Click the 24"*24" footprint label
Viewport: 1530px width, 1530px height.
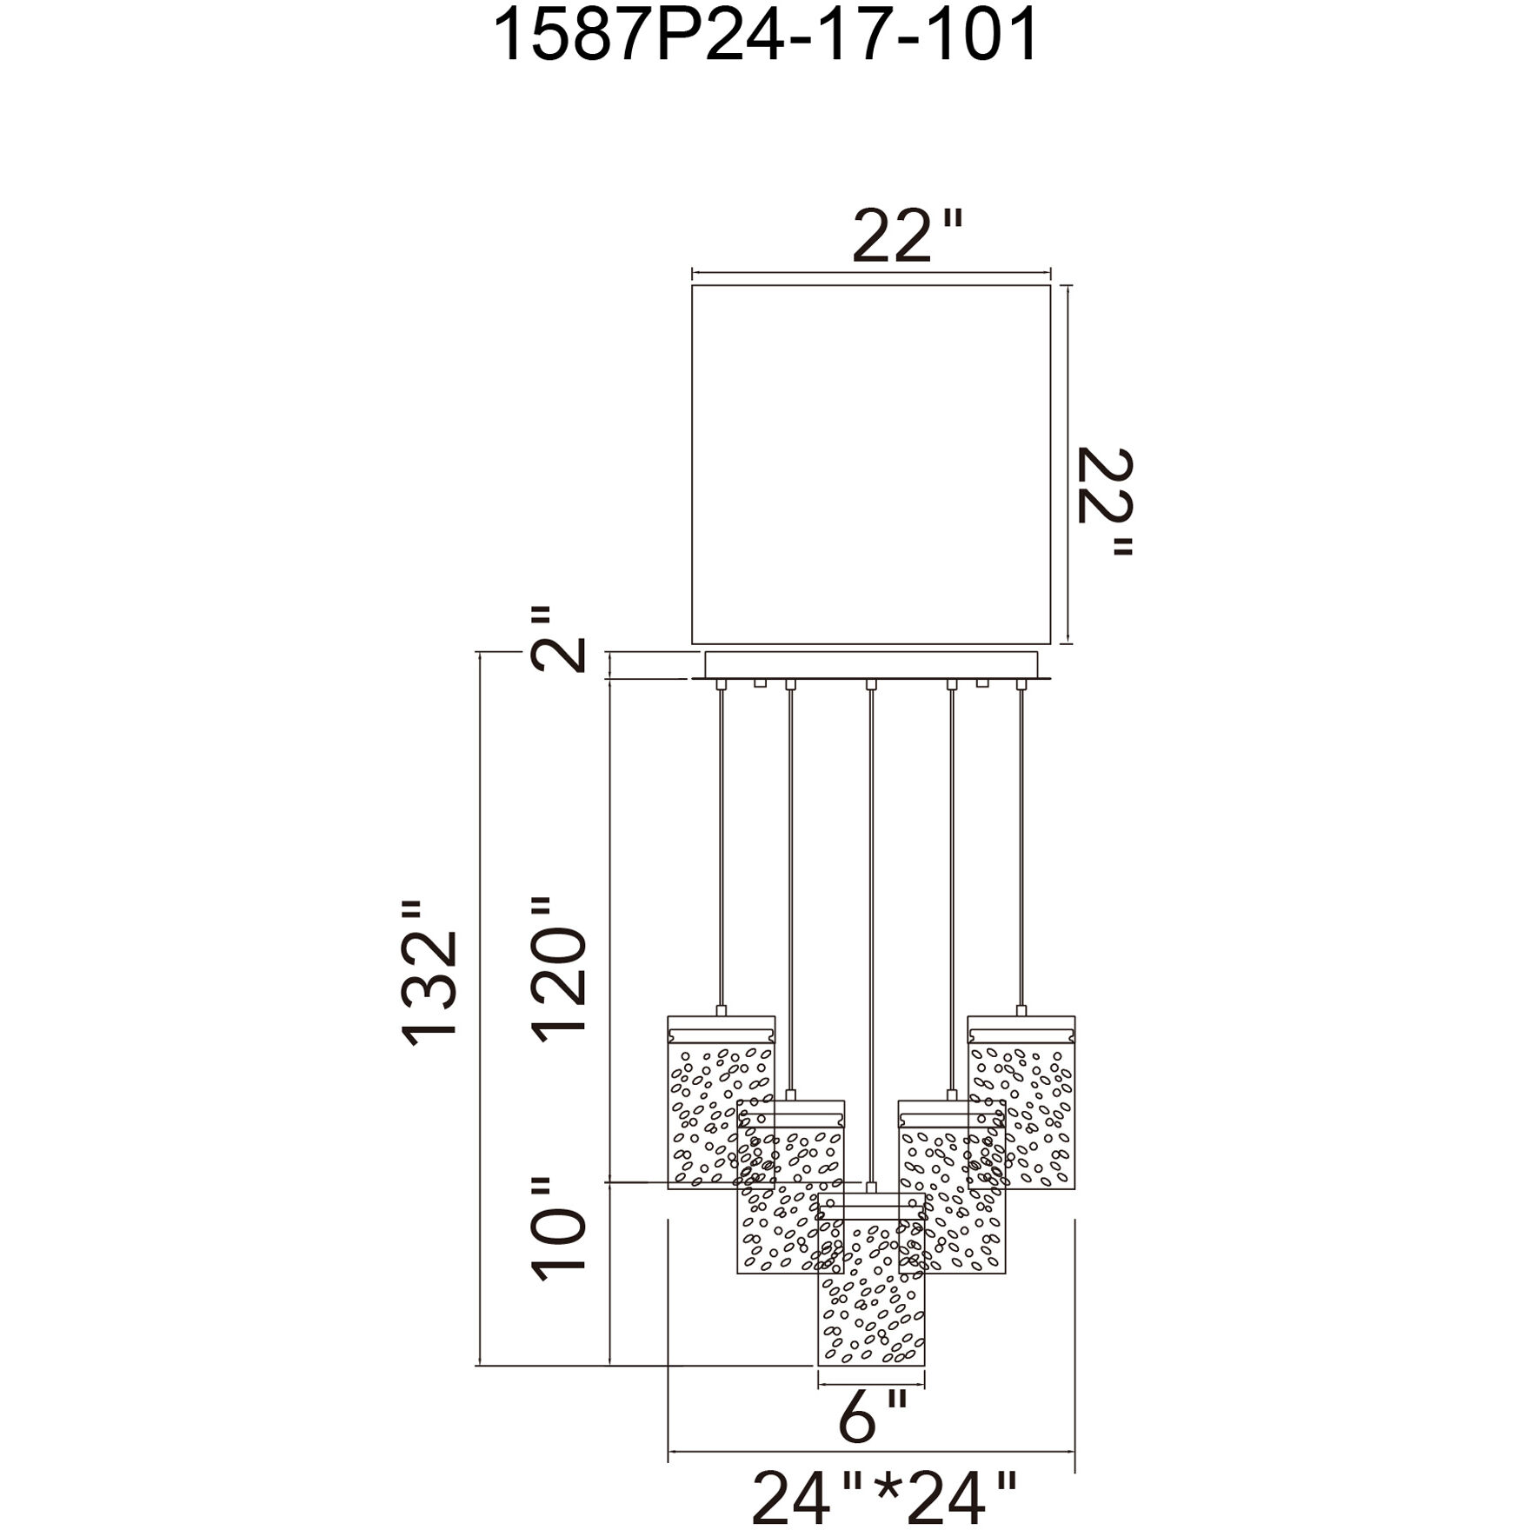884,1497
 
